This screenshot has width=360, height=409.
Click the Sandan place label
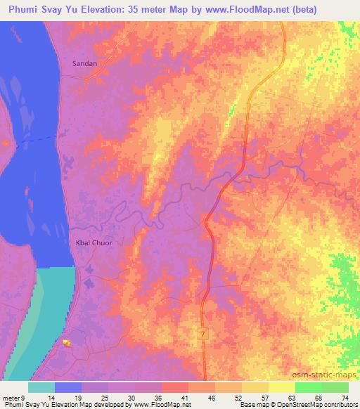pyautogui.click(x=84, y=63)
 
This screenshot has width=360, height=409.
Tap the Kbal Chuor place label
pyautogui.click(x=94, y=243)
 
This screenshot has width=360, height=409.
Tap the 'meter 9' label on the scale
pyautogui.click(x=13, y=398)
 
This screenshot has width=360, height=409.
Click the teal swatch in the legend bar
pyautogui.click(x=41, y=387)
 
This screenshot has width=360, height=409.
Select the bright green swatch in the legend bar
pyautogui.click(x=308, y=387)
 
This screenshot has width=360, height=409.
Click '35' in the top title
pyautogui.click(x=141, y=10)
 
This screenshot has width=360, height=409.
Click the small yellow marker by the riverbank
pyautogui.click(x=67, y=343)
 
